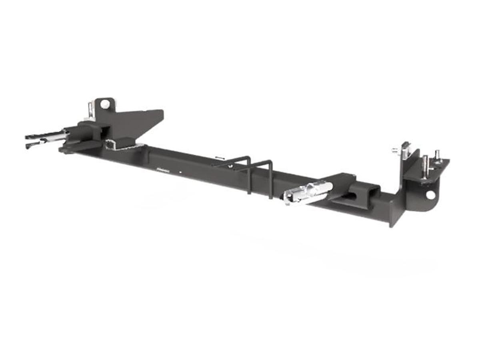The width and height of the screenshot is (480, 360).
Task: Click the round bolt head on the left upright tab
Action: pyautogui.click(x=105, y=104)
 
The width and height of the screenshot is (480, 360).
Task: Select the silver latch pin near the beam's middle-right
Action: pyautogui.click(x=308, y=191)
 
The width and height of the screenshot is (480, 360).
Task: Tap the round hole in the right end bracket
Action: pyautogui.click(x=430, y=195)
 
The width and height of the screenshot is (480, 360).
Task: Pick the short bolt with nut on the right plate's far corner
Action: pyautogui.click(x=438, y=157)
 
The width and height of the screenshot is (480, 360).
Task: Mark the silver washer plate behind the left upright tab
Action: pyautogui.click(x=92, y=111)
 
